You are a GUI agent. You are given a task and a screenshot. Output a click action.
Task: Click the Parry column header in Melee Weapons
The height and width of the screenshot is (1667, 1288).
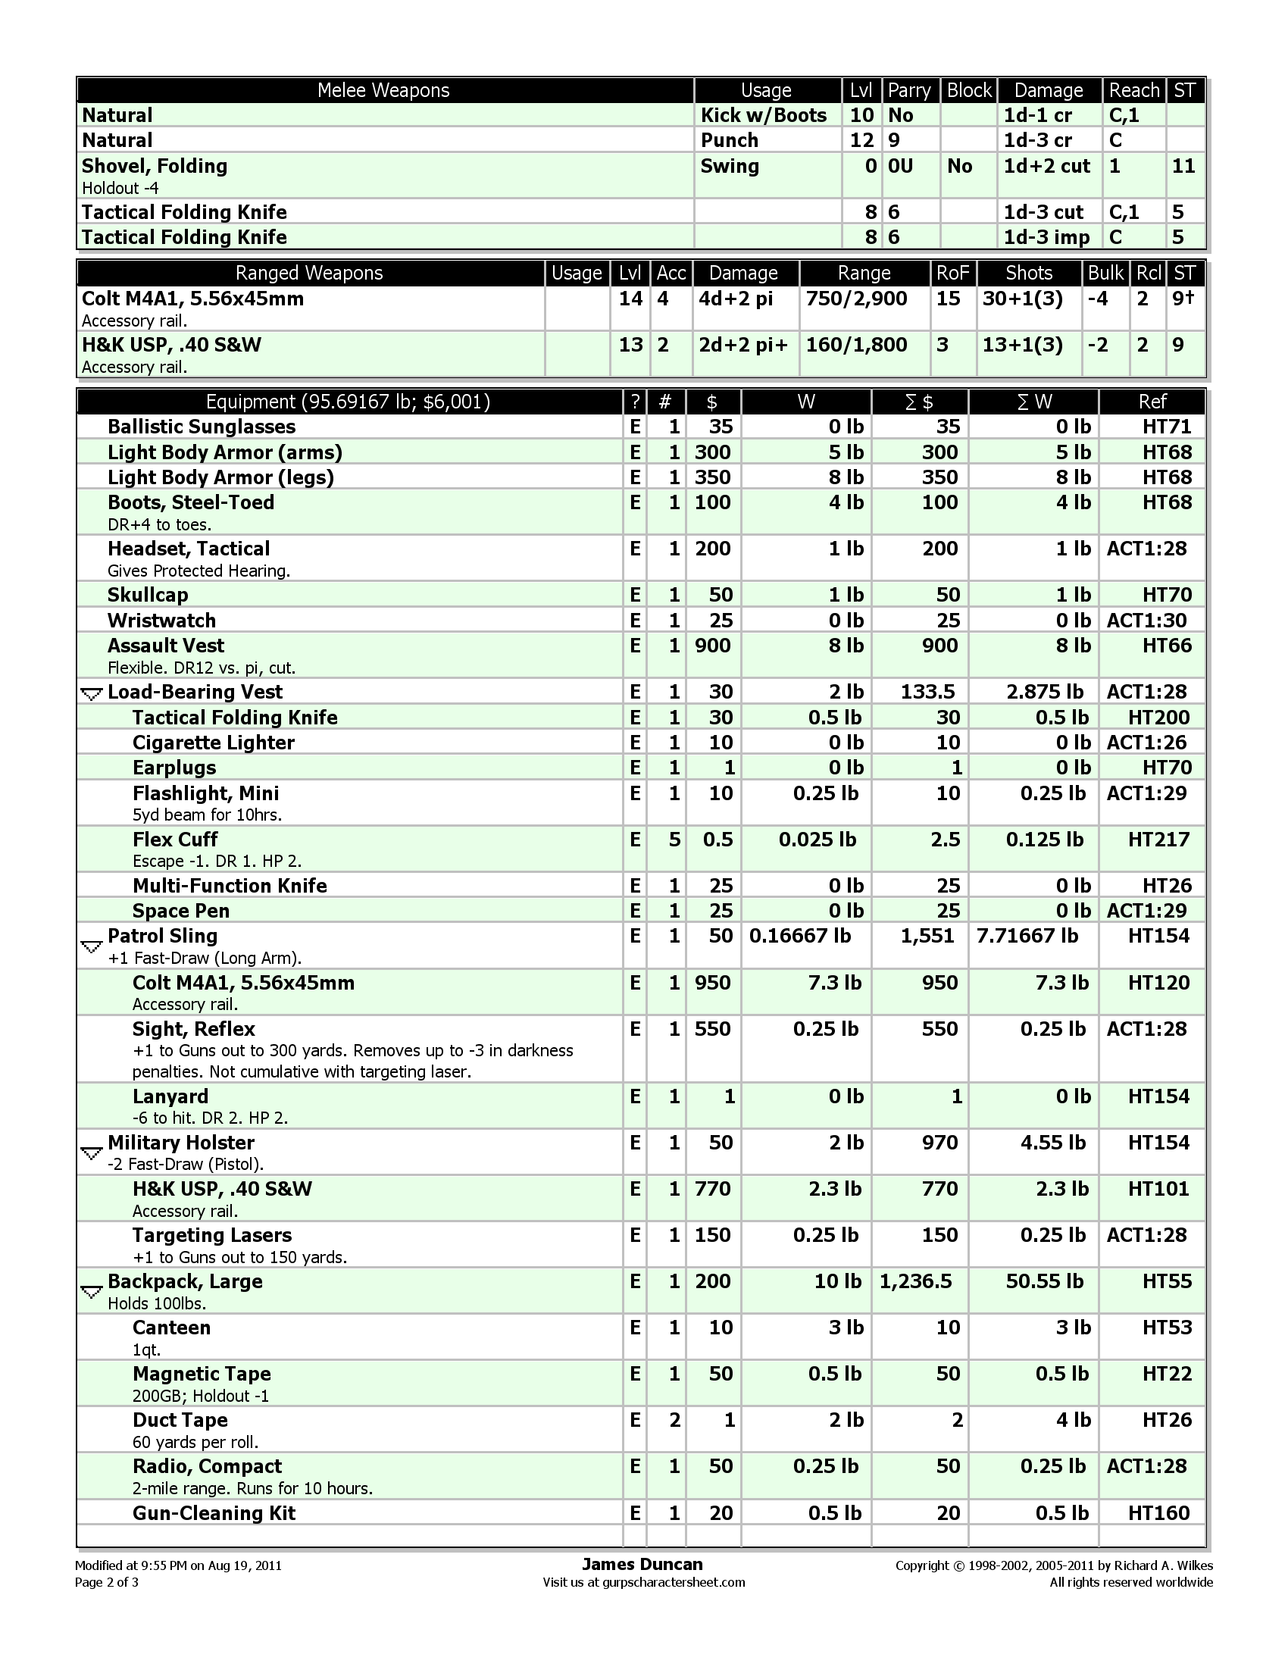pyautogui.click(x=909, y=91)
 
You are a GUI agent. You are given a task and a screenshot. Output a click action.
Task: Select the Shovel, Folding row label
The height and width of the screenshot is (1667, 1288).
pyautogui.click(x=155, y=167)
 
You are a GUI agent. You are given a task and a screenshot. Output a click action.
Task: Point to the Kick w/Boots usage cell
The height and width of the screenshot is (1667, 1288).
pyautogui.click(x=764, y=115)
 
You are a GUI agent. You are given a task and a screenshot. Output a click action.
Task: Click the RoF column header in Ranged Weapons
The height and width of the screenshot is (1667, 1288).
pyautogui.click(x=952, y=274)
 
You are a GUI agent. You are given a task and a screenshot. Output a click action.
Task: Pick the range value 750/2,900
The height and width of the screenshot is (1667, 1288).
pyautogui.click(x=856, y=299)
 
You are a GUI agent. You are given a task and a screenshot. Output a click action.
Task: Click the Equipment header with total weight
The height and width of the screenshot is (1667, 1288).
pyautogui.click(x=348, y=402)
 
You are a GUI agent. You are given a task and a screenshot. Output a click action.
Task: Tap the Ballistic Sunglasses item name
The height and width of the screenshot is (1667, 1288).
pyautogui.click(x=202, y=427)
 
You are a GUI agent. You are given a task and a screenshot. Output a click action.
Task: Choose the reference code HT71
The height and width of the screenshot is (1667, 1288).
pyautogui.click(x=1167, y=427)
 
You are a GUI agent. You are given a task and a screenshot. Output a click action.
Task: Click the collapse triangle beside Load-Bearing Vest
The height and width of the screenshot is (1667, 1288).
pyautogui.click(x=92, y=694)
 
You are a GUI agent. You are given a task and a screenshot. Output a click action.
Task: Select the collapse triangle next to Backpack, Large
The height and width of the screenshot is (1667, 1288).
pyautogui.click(x=92, y=1292)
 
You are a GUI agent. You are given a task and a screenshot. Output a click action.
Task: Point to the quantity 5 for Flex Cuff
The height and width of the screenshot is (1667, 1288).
pyautogui.click(x=674, y=840)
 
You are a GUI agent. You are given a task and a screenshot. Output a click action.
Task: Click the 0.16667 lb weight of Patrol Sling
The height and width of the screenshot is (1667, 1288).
pyautogui.click(x=799, y=936)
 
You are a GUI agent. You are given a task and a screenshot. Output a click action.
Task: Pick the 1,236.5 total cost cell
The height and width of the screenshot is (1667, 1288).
pyautogui.click(x=916, y=1281)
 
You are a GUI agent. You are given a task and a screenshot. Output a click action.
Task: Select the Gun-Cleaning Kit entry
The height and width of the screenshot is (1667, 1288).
pyautogui.click(x=214, y=1513)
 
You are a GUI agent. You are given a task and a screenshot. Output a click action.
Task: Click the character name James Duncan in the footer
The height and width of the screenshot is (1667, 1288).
pyautogui.click(x=642, y=1564)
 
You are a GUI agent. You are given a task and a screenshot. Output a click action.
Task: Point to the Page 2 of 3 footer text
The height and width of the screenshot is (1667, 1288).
pyautogui.click(x=107, y=1581)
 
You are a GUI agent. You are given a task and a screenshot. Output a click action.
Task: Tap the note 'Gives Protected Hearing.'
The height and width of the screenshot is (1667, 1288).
pyautogui.click(x=199, y=571)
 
